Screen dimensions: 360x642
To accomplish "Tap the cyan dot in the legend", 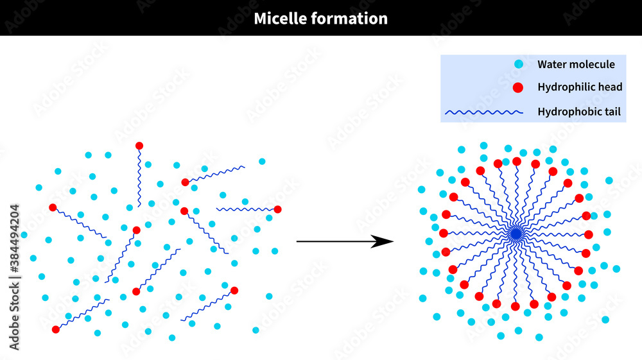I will (519, 64).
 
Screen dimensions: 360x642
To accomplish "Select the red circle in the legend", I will (519, 87).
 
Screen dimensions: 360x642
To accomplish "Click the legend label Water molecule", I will (576, 64).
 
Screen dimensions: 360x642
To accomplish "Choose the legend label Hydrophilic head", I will (580, 87).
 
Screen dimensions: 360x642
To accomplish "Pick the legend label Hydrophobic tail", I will (579, 112).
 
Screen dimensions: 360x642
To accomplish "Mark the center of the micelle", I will (516, 234).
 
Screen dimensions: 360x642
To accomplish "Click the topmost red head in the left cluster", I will (139, 146).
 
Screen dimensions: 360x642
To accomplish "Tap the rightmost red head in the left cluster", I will (277, 209).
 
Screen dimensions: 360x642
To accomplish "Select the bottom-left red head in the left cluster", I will (56, 329).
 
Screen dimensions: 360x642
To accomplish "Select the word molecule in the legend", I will (593, 64).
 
